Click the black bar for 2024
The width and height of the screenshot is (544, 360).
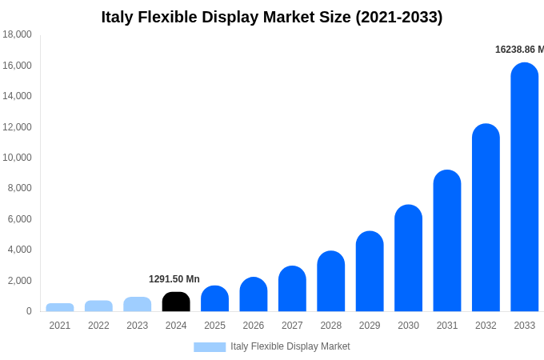pyautogui.click(x=176, y=302)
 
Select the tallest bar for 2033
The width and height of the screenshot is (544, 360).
pyautogui.click(x=524, y=187)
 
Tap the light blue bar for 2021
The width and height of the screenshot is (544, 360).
pyautogui.click(x=60, y=307)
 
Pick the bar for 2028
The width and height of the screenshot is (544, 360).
pyautogui.click(x=330, y=282)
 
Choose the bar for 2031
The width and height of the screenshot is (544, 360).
pyautogui.click(x=447, y=241)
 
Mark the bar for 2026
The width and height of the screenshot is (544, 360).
pyautogui.click(x=254, y=294)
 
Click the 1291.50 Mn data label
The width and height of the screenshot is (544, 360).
pyautogui.click(x=174, y=279)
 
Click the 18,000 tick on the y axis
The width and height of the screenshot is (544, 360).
pyautogui.click(x=17, y=34)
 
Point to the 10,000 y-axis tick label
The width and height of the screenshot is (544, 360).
pyautogui.click(x=17, y=158)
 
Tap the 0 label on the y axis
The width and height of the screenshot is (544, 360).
pyautogui.click(x=28, y=311)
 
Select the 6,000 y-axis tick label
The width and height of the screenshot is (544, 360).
pyautogui.click(x=18, y=219)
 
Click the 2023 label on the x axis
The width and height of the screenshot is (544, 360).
pyautogui.click(x=138, y=326)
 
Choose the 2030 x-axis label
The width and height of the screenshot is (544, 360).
pyautogui.click(x=408, y=326)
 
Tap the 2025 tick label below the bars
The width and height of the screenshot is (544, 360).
pyautogui.click(x=214, y=326)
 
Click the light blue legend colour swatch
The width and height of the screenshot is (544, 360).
pyautogui.click(x=210, y=346)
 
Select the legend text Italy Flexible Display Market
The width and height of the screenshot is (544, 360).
pyautogui.click(x=290, y=346)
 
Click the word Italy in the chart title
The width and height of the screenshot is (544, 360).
pyautogui.click(x=118, y=17)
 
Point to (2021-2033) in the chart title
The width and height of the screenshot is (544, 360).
pyautogui.click(x=398, y=17)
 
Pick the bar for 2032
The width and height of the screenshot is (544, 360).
pyautogui.click(x=486, y=218)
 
